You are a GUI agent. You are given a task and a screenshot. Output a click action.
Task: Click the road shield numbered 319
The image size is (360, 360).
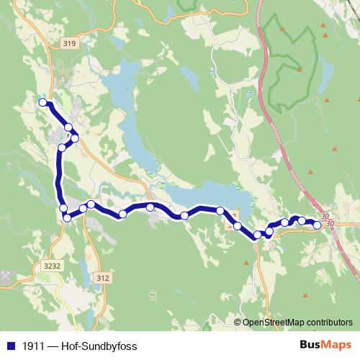(69, 44)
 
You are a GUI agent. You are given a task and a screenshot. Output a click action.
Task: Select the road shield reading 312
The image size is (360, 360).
(104, 277)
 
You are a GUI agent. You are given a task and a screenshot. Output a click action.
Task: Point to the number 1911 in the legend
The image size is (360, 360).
(30, 346)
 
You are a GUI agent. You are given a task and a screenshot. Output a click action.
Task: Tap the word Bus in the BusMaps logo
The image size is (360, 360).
(311, 345)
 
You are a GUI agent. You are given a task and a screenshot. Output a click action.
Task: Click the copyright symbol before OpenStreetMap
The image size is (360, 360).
(238, 322)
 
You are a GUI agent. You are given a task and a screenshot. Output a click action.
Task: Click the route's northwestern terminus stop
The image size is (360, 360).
(42, 102)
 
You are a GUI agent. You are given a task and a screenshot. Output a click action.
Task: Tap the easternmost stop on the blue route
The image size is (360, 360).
(317, 225)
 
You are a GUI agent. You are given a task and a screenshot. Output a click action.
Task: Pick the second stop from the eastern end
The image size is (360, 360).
(302, 221)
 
